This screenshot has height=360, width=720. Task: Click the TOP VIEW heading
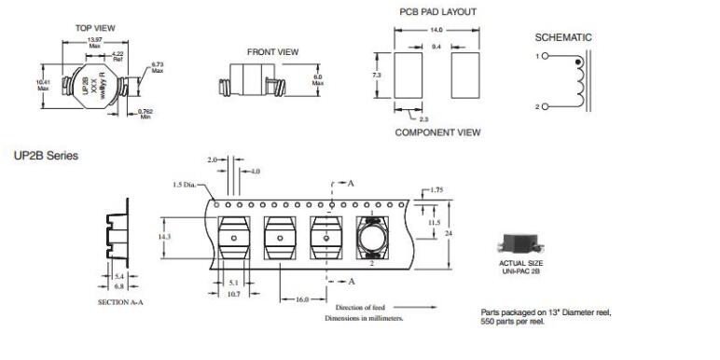[x=95, y=28]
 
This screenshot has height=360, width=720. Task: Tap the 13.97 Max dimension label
[x=95, y=43]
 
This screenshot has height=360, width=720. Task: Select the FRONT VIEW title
[x=272, y=52]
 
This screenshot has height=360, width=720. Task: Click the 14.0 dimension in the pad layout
[x=436, y=30]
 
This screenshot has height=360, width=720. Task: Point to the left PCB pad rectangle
[x=408, y=76]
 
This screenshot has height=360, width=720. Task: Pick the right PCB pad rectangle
[x=465, y=76]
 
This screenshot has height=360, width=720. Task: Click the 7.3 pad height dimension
[x=377, y=75]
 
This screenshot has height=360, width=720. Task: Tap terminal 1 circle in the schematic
[x=545, y=56]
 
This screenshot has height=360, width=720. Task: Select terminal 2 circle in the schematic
[x=545, y=106]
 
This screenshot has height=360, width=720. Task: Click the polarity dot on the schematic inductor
[x=578, y=62]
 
